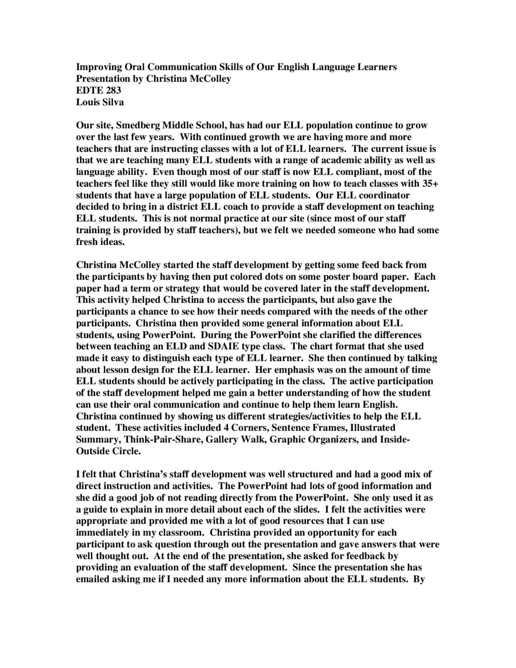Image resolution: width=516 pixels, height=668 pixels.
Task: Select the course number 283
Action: (x=112, y=90)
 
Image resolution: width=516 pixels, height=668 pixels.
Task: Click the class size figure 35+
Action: (x=431, y=184)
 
